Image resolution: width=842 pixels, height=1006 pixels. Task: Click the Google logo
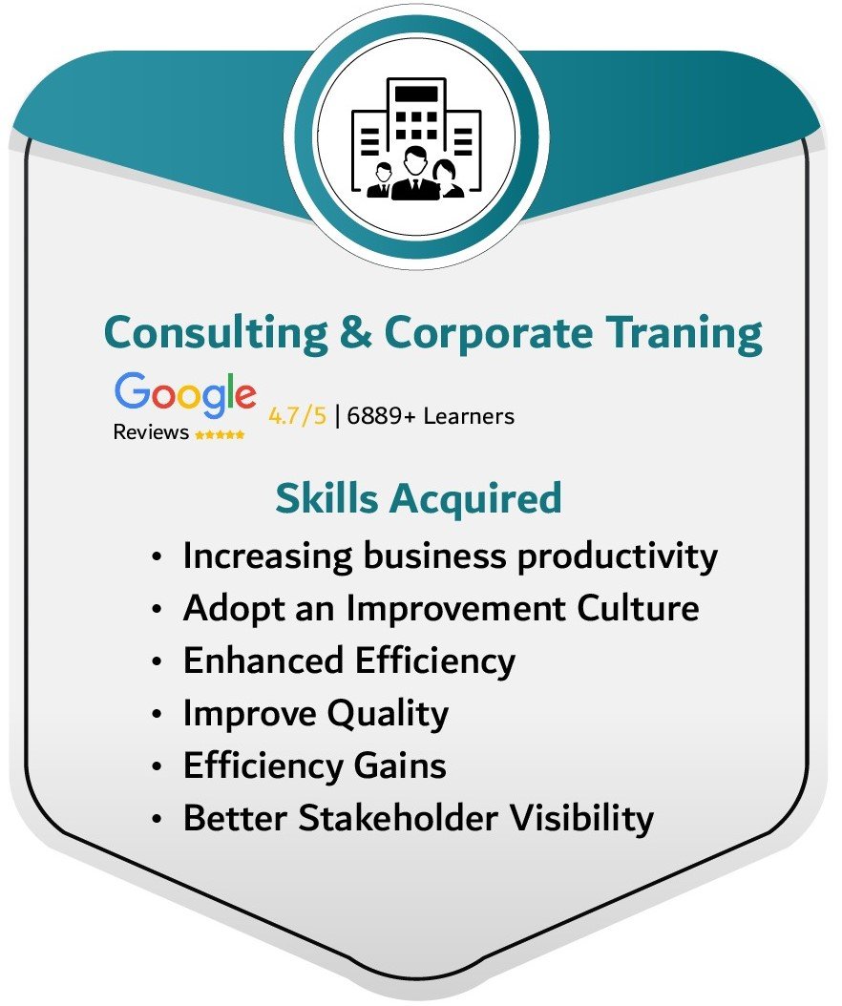185,393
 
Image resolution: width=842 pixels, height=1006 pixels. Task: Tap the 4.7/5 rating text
297,416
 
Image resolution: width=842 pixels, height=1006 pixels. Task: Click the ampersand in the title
355,332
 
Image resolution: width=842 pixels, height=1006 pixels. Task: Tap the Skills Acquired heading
418,498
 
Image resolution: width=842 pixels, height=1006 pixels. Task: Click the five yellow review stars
220,434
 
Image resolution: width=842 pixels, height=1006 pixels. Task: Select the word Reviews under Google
151,432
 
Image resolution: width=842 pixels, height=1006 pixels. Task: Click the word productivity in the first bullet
618,556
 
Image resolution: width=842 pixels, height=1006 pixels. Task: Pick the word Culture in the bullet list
638,608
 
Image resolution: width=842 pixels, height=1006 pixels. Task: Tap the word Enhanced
263,660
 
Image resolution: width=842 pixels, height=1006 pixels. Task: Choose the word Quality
388,714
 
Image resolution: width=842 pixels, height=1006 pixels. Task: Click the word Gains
400,765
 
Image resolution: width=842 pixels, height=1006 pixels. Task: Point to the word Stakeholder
398,818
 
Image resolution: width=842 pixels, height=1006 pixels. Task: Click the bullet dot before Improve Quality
157,714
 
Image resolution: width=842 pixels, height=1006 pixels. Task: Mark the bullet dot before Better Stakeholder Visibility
157,819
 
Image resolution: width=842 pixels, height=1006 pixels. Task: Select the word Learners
469,416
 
